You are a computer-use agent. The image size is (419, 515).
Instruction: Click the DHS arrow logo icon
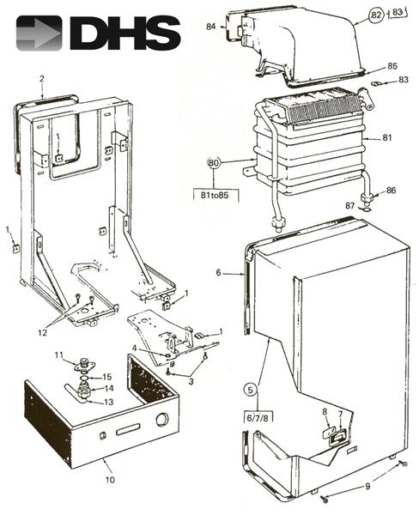click(39, 33)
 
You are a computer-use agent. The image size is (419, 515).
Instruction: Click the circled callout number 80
click(213, 162)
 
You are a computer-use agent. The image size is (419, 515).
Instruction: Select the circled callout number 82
click(376, 15)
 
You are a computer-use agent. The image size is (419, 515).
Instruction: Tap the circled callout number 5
click(251, 390)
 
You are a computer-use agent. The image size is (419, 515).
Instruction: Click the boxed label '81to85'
click(215, 195)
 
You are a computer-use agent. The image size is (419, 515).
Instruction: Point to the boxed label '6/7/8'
click(258, 418)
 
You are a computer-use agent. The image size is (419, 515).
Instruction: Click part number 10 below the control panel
click(110, 480)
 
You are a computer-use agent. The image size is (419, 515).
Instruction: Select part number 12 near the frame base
click(43, 332)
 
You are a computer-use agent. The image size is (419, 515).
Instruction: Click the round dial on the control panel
click(162, 419)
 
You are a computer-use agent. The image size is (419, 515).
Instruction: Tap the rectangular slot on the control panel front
click(128, 429)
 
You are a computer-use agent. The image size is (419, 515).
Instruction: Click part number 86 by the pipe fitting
click(391, 191)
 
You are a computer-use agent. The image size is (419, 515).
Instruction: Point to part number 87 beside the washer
click(349, 206)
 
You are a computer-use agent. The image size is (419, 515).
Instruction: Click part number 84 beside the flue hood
click(210, 26)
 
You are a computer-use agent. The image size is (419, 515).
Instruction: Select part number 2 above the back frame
click(42, 78)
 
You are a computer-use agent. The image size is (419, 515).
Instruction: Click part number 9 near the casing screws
click(367, 486)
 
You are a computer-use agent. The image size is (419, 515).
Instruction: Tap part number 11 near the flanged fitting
click(58, 354)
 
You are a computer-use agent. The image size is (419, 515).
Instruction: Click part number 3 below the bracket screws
click(191, 381)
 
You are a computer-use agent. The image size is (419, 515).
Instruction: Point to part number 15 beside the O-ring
click(107, 377)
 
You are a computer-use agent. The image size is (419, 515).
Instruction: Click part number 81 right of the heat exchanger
click(387, 137)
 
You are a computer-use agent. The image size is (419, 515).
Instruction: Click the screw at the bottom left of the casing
click(325, 499)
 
